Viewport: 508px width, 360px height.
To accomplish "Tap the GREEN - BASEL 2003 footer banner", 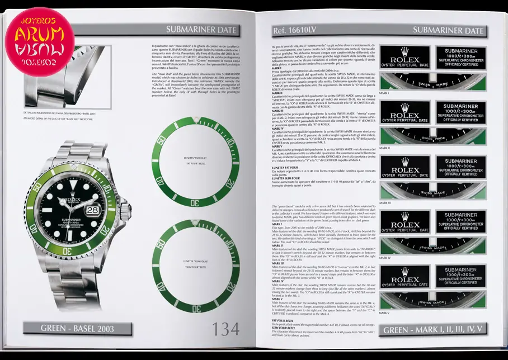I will tap(77, 329).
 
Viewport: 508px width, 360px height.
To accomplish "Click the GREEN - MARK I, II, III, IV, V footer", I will tap(434, 329).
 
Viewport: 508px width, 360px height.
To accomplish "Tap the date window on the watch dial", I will tap(93, 207).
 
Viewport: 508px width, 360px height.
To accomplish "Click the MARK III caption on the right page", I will tap(385, 202).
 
